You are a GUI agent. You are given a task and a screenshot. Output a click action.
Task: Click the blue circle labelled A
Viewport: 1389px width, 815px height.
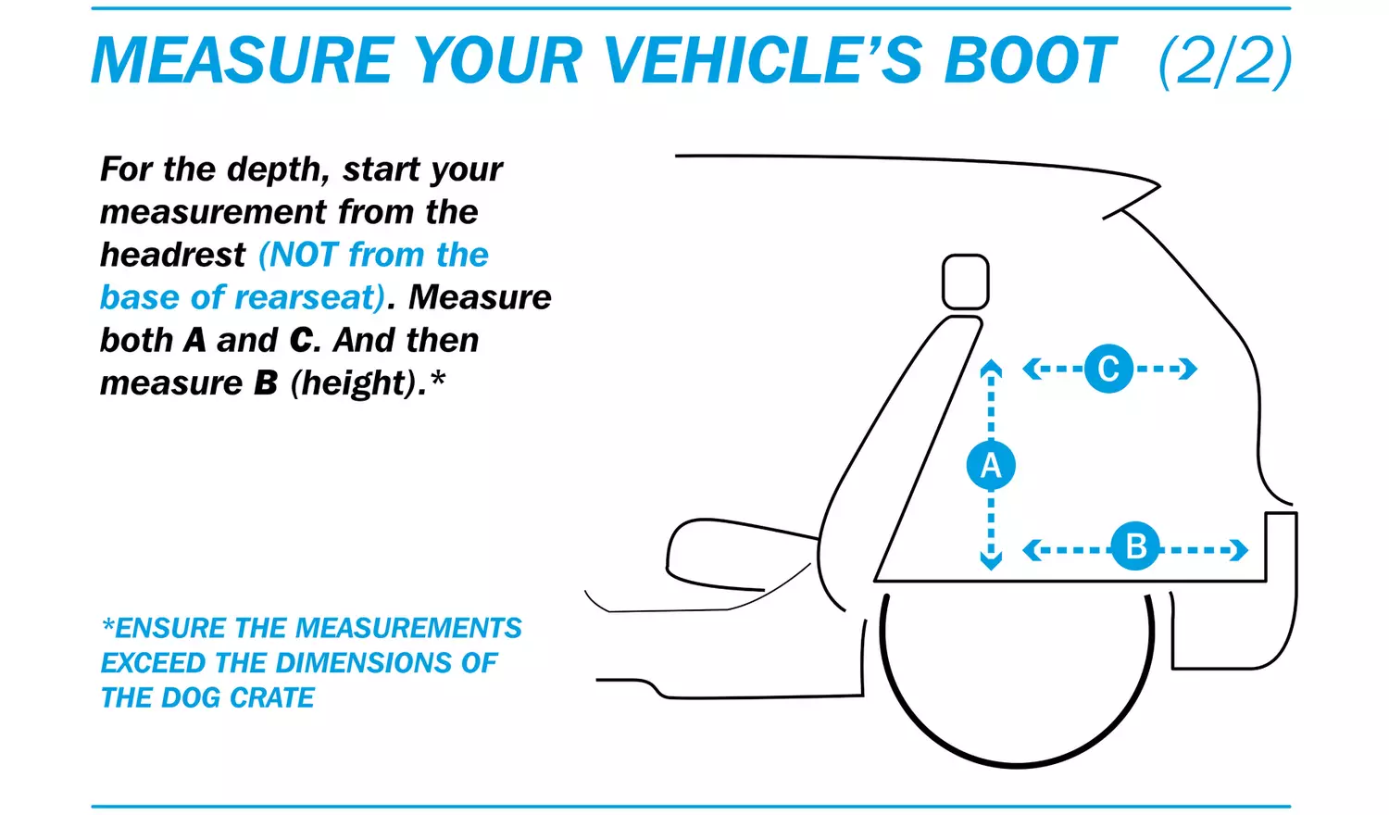pos(991,465)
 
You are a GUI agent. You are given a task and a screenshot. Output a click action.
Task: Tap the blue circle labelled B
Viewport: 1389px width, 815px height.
pos(1135,546)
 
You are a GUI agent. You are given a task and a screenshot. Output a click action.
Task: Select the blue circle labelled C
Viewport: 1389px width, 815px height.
pos(1108,369)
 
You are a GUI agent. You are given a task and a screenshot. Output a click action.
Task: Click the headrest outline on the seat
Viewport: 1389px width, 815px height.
pos(966,282)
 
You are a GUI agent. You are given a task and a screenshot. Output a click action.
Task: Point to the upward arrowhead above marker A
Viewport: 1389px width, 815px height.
pos(991,367)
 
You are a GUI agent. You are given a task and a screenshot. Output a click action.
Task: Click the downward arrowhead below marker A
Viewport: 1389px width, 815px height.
pos(991,562)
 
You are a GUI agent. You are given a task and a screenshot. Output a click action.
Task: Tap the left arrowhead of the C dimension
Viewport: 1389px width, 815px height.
pos(1032,369)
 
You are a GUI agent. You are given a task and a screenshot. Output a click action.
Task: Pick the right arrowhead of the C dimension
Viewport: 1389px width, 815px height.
pos(1188,369)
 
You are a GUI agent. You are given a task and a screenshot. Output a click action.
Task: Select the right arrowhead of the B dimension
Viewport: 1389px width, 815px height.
pos(1239,550)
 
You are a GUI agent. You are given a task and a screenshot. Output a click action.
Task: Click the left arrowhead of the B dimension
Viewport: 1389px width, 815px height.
pos(1032,550)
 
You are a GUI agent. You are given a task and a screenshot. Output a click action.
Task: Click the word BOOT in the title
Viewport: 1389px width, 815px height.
pos(1030,60)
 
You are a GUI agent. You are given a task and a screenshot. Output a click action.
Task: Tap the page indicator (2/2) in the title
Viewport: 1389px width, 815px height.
pos(1225,61)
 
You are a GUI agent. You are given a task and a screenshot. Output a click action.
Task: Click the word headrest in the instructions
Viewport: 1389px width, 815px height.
pos(173,255)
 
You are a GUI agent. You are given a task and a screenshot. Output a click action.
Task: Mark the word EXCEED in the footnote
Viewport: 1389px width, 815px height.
pos(154,663)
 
